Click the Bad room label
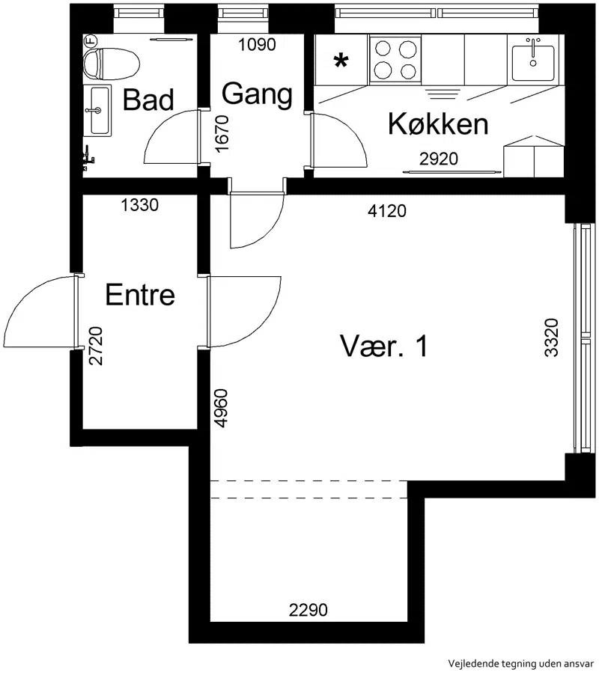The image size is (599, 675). [x=148, y=100]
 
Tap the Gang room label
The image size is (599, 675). [x=257, y=94]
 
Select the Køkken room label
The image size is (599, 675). [x=438, y=124]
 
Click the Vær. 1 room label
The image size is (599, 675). [x=384, y=346]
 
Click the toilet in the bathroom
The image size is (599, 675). [x=112, y=64]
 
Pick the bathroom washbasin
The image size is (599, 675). [x=99, y=111]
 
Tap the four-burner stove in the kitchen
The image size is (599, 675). [x=395, y=60]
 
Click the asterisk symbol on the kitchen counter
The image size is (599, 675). [x=341, y=61]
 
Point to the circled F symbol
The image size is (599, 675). [x=91, y=41]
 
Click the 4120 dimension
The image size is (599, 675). [x=386, y=211]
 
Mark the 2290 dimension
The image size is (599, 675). [x=308, y=610]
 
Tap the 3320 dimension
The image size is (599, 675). [x=551, y=337]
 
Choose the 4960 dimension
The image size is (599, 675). [x=221, y=408]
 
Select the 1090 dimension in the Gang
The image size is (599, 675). [x=257, y=44]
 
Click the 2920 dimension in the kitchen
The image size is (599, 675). [x=439, y=159]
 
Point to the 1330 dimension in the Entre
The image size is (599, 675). [x=139, y=205]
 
